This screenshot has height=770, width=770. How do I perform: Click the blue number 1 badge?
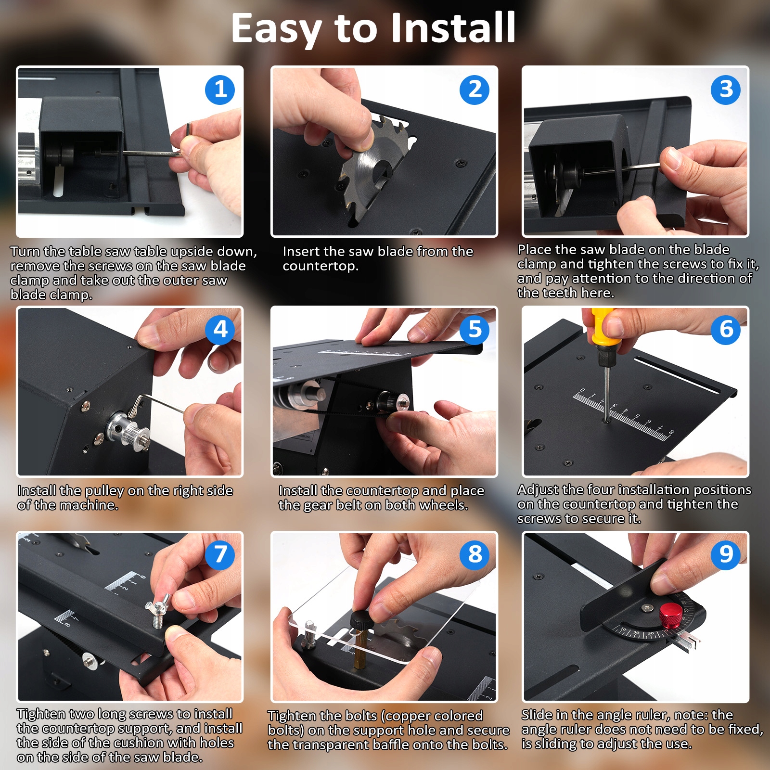click(220, 90)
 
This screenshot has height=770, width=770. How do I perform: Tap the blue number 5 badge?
click(475, 330)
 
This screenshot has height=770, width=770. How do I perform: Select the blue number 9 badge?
click(726, 554)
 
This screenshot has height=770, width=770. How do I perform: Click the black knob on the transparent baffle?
click(360, 619)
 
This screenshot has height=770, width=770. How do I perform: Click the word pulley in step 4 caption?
click(104, 491)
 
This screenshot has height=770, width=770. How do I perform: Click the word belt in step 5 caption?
click(347, 505)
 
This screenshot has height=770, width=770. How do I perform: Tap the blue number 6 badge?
click(726, 330)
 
